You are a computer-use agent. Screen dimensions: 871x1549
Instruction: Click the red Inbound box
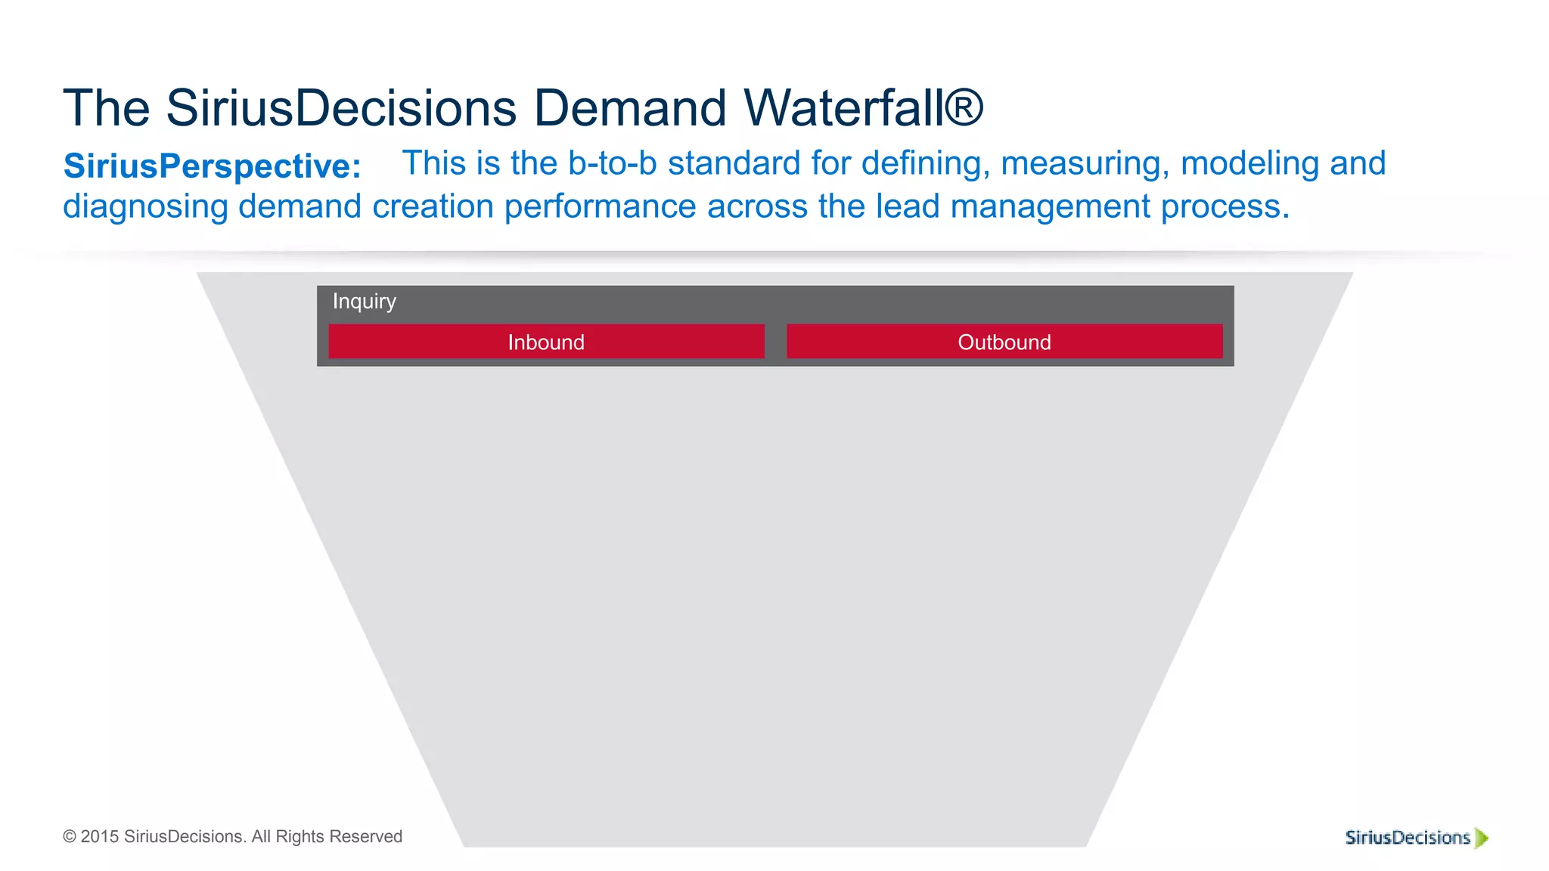[x=546, y=342]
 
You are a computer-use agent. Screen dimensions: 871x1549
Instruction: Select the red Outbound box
[x=1004, y=342]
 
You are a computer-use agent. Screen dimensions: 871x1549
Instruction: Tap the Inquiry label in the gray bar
[x=364, y=301]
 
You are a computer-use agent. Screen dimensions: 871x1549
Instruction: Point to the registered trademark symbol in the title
[x=964, y=107]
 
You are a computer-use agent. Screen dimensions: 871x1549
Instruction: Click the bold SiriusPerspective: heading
[x=213, y=166]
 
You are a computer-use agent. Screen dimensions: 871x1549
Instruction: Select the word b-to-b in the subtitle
[x=612, y=163]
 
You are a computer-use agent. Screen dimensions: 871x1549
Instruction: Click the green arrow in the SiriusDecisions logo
[x=1482, y=838]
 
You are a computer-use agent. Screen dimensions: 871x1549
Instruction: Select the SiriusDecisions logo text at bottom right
[x=1408, y=838]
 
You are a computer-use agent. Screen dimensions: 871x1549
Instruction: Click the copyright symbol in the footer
[x=70, y=837]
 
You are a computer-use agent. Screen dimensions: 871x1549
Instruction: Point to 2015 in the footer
[x=100, y=837]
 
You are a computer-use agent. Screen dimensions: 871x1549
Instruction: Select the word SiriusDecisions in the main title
[x=341, y=108]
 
